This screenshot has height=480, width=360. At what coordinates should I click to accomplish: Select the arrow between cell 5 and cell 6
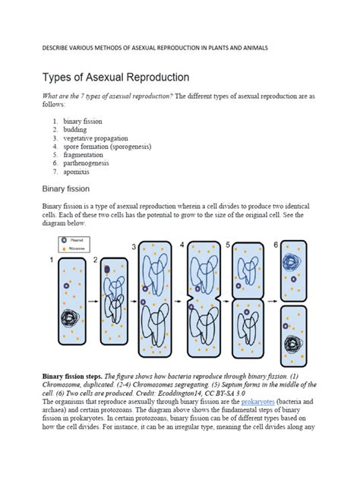271,302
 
